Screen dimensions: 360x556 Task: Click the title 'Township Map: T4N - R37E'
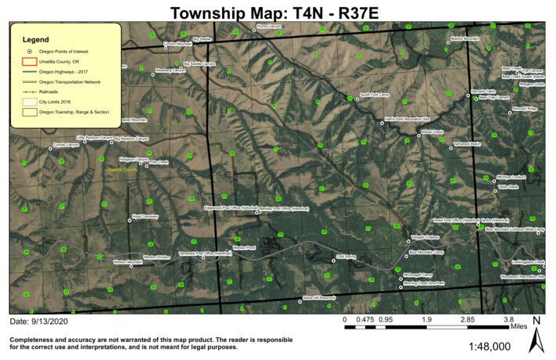[x=277, y=13]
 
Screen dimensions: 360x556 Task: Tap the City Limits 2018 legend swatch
[x=29, y=102]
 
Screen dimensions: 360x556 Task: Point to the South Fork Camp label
[x=374, y=95]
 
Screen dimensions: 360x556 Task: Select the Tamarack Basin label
[x=467, y=144]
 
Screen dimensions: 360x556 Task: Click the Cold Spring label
[x=346, y=256]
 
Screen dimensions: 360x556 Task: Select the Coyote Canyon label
[x=67, y=144]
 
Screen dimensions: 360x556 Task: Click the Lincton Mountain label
[x=178, y=44]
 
